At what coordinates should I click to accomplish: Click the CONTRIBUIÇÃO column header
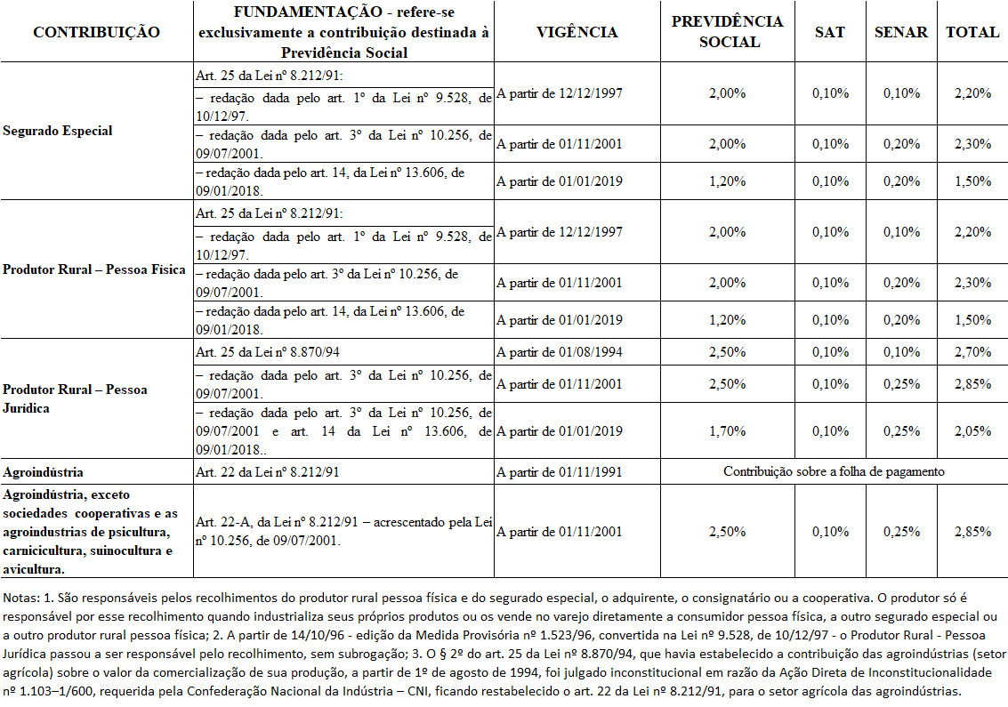(96, 32)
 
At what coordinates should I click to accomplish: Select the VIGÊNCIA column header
(577, 32)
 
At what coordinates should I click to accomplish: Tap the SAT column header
(830, 32)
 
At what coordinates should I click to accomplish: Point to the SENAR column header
(900, 32)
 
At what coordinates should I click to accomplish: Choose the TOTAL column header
(972, 32)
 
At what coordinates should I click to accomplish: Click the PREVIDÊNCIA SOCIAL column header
(727, 32)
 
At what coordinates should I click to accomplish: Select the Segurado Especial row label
(58, 131)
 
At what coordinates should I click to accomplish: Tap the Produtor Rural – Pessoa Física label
(94, 269)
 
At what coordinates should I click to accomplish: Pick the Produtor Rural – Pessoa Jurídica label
(75, 398)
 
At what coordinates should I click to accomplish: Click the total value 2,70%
(972, 352)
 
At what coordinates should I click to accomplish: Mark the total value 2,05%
(972, 431)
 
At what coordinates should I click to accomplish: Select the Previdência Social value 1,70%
(727, 431)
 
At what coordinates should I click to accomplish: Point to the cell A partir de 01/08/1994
(560, 352)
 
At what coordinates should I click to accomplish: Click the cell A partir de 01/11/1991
(560, 471)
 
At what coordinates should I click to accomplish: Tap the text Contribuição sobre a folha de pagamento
(834, 471)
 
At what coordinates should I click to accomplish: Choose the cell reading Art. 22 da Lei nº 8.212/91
(267, 471)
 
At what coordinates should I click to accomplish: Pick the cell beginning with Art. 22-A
(343, 532)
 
